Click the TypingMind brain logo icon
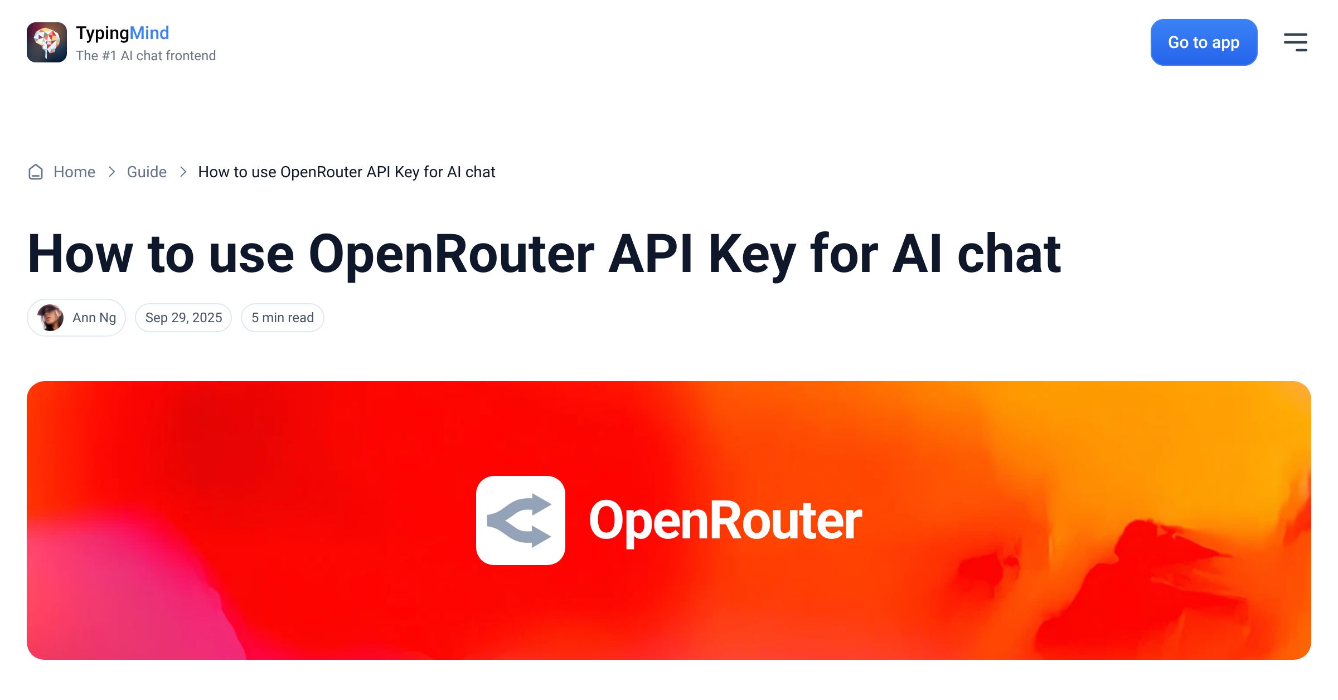click(47, 42)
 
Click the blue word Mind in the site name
click(149, 33)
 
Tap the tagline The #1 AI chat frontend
click(146, 56)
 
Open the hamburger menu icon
click(1295, 42)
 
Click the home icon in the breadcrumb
click(36, 172)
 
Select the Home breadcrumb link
click(74, 172)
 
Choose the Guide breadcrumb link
click(147, 172)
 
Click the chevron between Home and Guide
click(111, 172)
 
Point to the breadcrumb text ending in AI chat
click(346, 172)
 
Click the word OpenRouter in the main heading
click(452, 254)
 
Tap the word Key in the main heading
click(752, 254)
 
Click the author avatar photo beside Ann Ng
click(50, 318)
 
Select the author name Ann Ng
click(94, 318)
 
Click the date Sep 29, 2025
click(183, 318)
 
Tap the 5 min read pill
click(283, 318)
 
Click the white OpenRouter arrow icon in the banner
click(520, 521)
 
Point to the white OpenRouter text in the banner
click(725, 521)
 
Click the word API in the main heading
click(651, 254)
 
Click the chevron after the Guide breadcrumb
click(183, 172)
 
